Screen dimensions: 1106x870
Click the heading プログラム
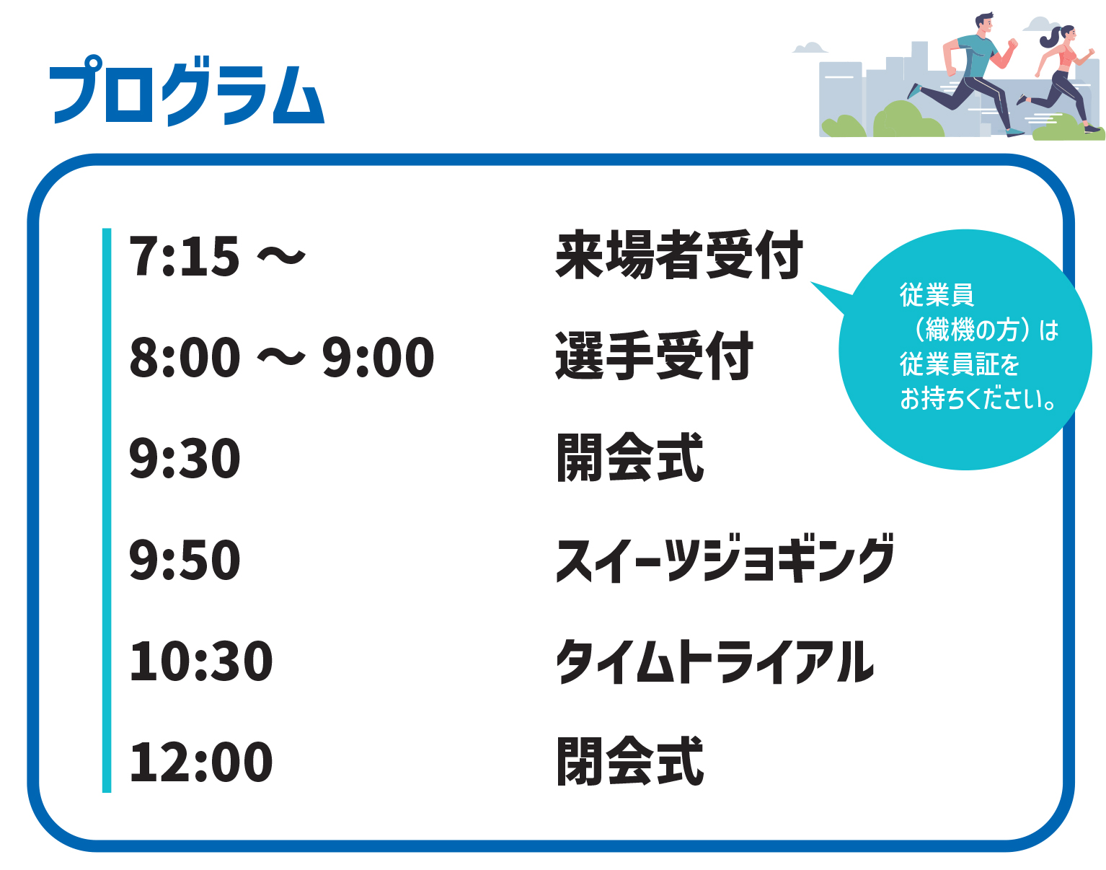187,90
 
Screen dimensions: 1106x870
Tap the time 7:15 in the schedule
184,255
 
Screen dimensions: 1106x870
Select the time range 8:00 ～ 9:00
282,356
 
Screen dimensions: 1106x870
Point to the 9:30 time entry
185,457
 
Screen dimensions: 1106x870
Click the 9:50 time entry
185,559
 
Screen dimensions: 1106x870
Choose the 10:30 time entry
201,661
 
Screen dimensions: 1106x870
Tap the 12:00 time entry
201,762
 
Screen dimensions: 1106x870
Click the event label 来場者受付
679,255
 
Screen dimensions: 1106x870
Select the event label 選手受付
654,356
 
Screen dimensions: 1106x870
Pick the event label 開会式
630,457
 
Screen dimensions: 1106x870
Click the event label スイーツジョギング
725,558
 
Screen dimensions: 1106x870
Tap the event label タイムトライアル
715,661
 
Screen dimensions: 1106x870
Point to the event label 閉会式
630,761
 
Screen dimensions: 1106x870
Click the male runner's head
983,23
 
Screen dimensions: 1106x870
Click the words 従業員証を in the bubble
960,364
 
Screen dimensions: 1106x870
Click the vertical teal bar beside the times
107,510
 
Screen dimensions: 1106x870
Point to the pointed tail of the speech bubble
812,282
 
